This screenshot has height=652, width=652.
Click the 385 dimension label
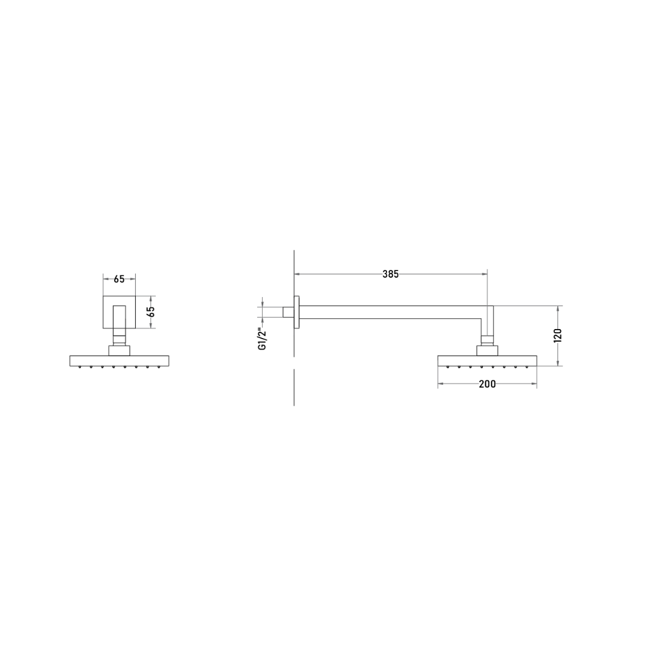pyautogui.click(x=391, y=274)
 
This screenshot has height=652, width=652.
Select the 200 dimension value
pyautogui.click(x=487, y=384)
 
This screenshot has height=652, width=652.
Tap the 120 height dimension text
pyautogui.click(x=558, y=335)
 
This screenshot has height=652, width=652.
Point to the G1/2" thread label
pyautogui.click(x=262, y=339)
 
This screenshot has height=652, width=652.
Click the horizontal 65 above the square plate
pyautogui.click(x=119, y=279)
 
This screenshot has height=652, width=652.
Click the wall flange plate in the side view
pyautogui.click(x=296, y=312)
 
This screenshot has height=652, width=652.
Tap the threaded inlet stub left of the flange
pyautogui.click(x=289, y=312)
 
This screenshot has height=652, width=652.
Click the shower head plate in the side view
pyautogui.click(x=487, y=360)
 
